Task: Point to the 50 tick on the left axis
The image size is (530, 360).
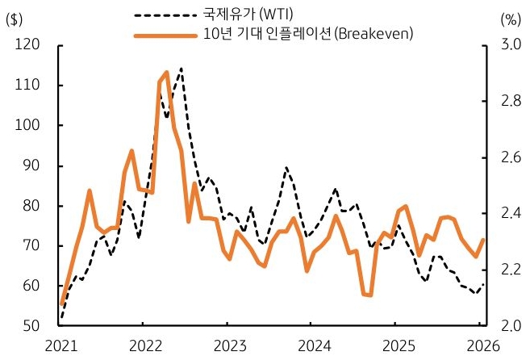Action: click(x=29, y=326)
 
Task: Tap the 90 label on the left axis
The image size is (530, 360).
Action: click(x=29, y=165)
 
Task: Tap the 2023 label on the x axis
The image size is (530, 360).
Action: click(x=227, y=346)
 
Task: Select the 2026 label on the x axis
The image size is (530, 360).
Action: click(x=478, y=346)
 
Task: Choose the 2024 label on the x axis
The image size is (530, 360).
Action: click(x=311, y=346)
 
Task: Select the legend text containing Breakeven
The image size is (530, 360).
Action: click(x=307, y=34)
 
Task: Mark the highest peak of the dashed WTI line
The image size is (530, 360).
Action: click(x=181, y=69)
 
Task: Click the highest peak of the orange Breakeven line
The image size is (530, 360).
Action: click(x=166, y=73)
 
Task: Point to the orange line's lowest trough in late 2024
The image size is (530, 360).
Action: click(x=369, y=295)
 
